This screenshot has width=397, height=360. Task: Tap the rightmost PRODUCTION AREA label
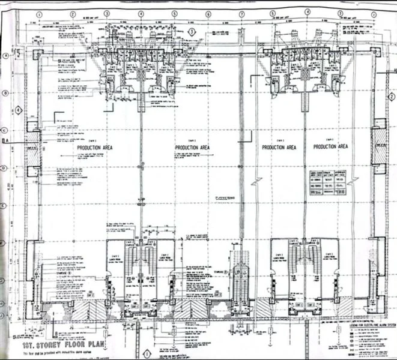click(x=331, y=146)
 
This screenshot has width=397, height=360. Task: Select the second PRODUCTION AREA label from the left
click(x=192, y=147)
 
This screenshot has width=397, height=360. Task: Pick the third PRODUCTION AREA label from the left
click(x=279, y=147)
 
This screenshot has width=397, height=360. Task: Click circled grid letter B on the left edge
click(x=5, y=93)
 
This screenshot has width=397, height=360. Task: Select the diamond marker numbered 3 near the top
click(x=192, y=31)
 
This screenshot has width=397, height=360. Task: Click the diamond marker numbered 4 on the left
click(x=19, y=110)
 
